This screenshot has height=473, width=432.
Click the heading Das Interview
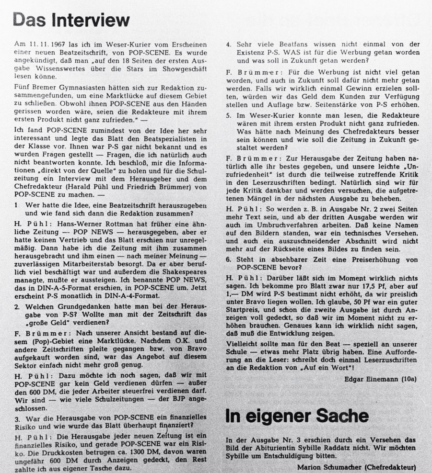pyautogui.click(x=71, y=20)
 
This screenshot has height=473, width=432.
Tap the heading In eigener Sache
pyautogui.click(x=297, y=415)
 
